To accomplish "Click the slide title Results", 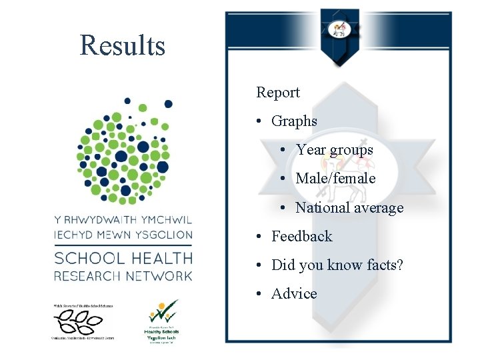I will (x=123, y=45).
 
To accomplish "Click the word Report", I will (x=278, y=93).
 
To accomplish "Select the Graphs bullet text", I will (x=294, y=121).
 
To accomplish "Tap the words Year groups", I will (x=335, y=150).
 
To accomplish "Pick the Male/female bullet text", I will (x=335, y=179).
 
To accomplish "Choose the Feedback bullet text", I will (x=301, y=236).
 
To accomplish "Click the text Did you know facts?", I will (x=337, y=265).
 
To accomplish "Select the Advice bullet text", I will (x=294, y=293).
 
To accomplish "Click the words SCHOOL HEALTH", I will (x=123, y=258).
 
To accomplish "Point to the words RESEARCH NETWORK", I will (x=123, y=275).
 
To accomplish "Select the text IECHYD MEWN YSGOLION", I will (x=123, y=235).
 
